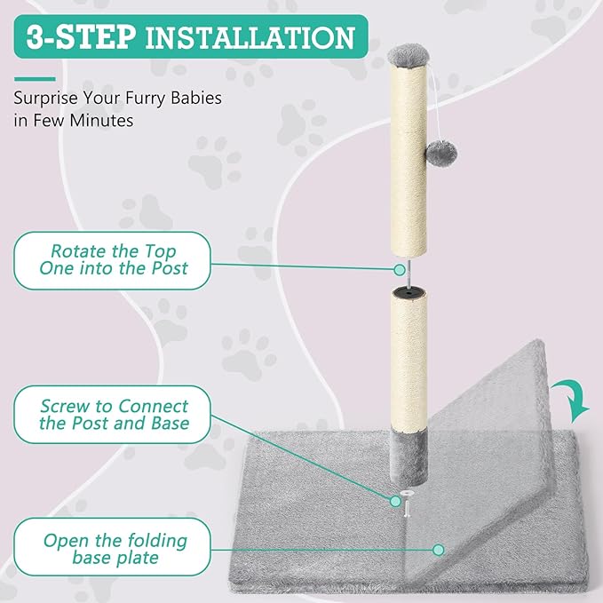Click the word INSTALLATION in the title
[250, 37]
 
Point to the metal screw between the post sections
[401, 275]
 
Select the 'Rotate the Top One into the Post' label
[114, 259]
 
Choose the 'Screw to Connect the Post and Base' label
[114, 415]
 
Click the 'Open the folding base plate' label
[114, 550]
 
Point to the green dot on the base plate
[436, 550]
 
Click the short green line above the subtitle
[36, 78]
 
